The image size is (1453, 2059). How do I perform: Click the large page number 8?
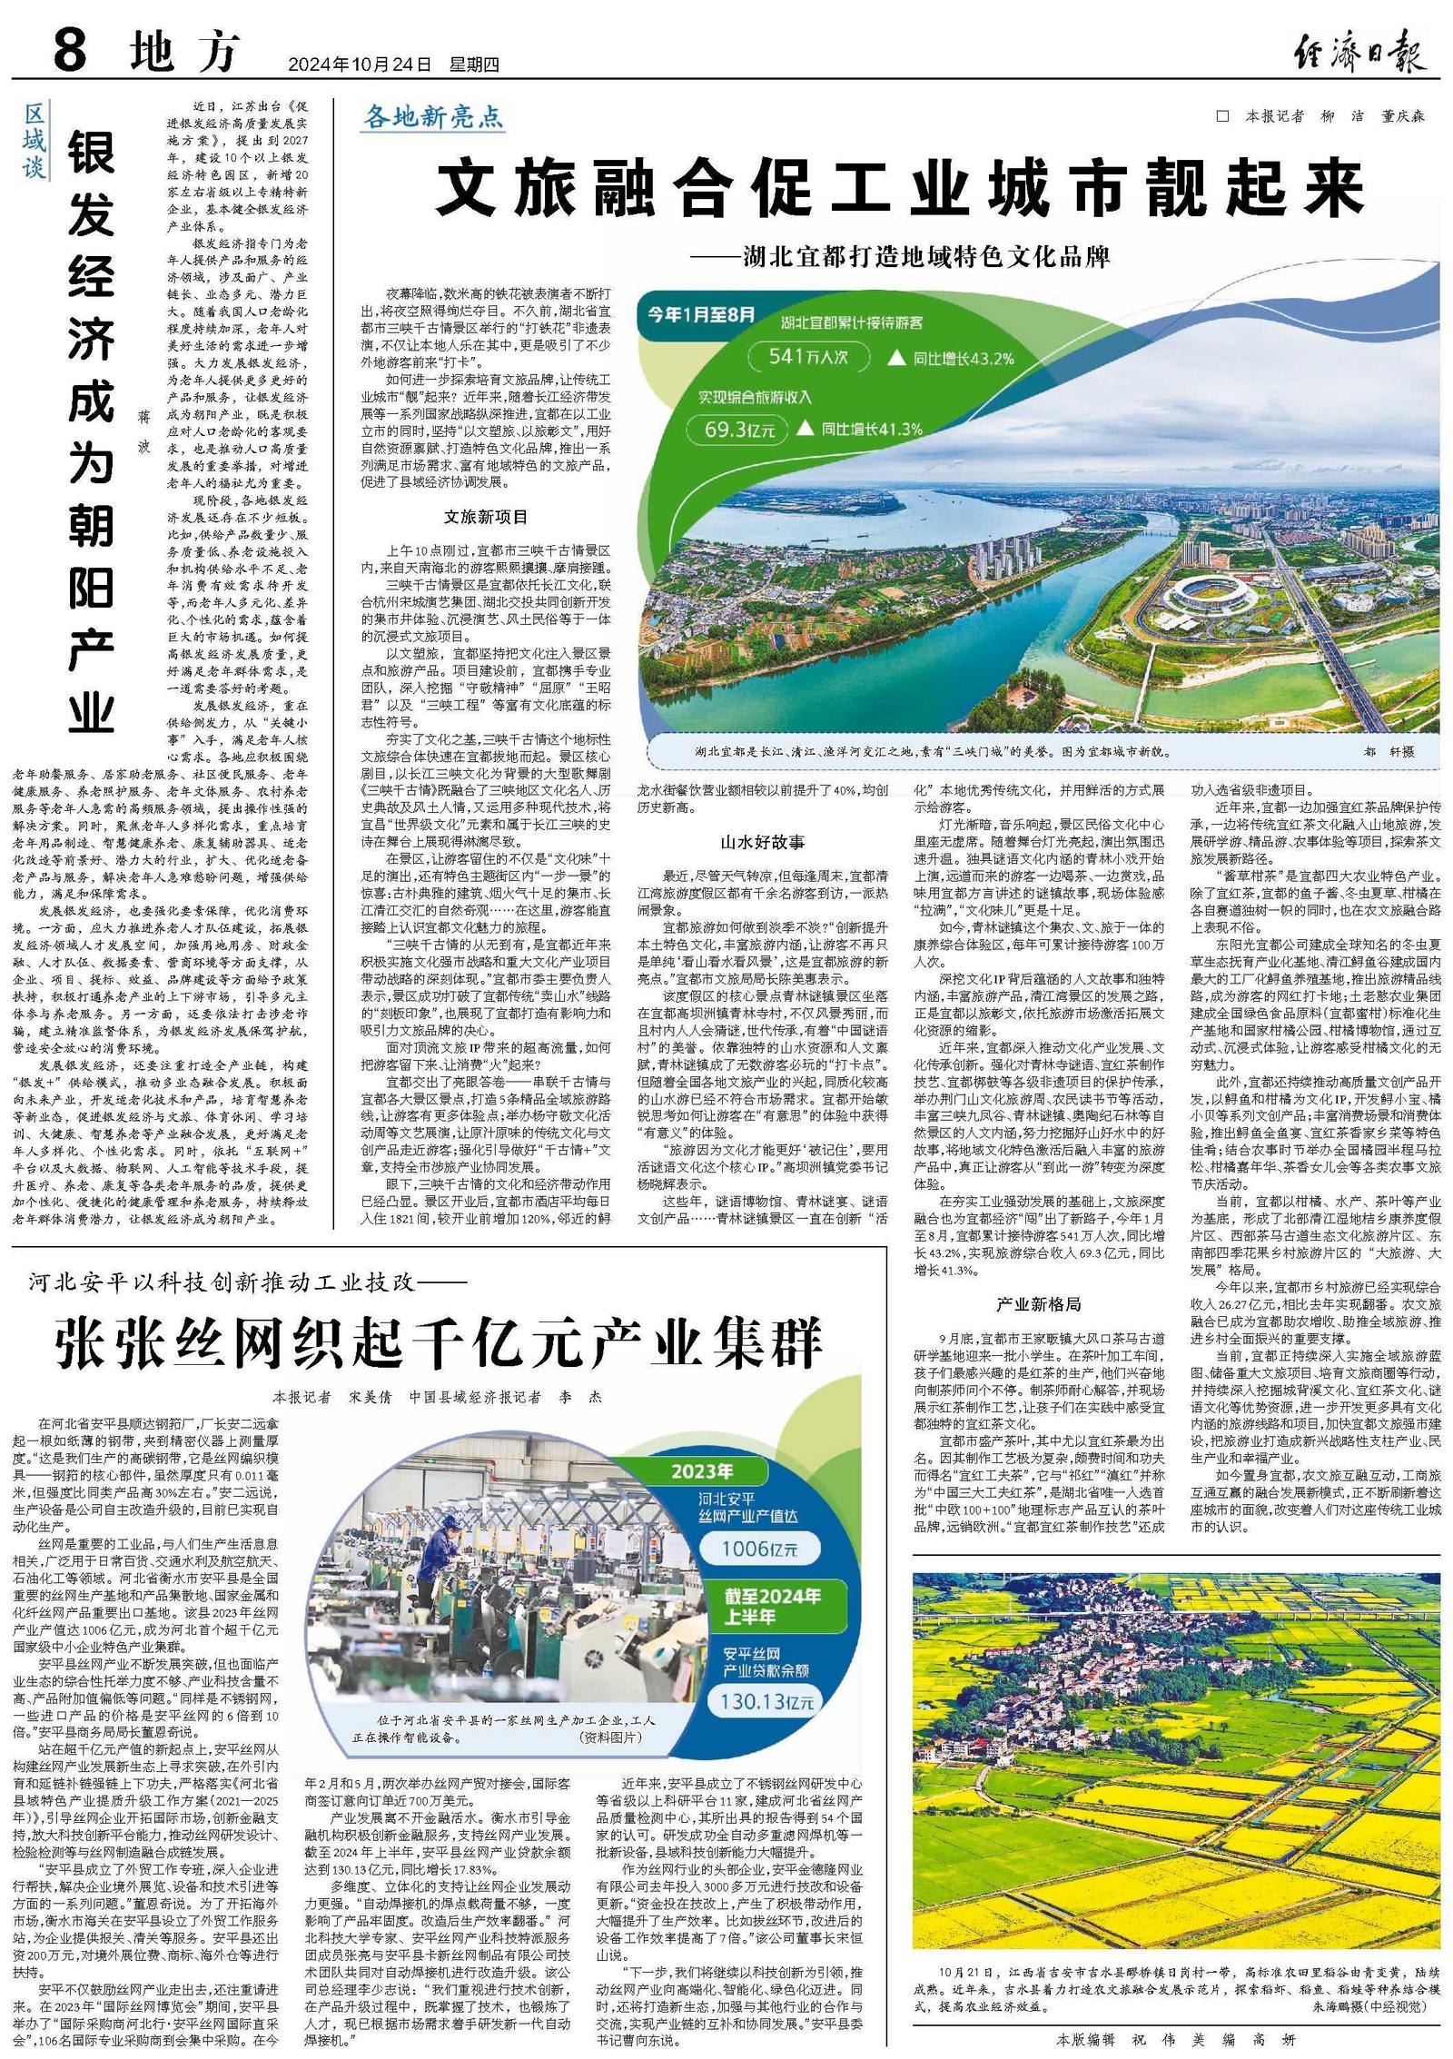(71, 51)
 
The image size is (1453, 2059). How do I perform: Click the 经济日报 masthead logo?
(1359, 53)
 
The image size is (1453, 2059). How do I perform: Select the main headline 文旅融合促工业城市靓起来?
(899, 189)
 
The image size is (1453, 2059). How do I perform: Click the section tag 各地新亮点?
(432, 117)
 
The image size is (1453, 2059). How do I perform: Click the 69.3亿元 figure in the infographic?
(740, 431)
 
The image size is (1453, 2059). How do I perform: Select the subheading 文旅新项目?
(485, 518)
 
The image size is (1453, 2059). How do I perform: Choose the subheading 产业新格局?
(1038, 1304)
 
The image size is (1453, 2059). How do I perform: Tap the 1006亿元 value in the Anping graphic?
(759, 1549)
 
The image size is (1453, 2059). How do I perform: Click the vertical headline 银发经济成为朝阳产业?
(92, 431)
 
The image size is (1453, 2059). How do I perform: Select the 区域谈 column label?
(34, 141)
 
